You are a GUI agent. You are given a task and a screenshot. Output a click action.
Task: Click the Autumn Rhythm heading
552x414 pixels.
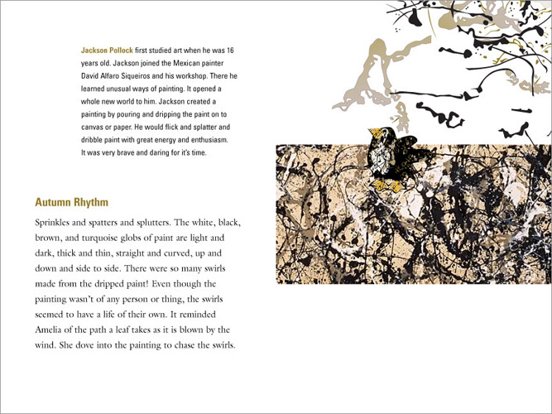72,202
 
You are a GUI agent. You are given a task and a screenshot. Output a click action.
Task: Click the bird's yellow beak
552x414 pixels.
370,133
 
